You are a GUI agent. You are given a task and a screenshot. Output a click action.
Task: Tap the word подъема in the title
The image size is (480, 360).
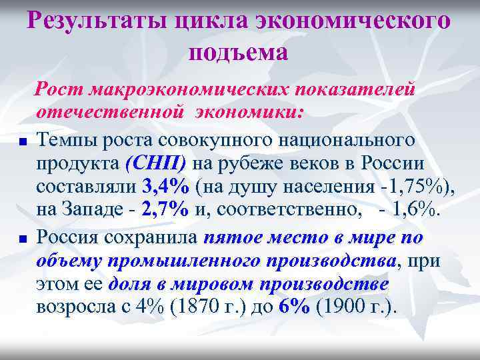(x=239, y=52)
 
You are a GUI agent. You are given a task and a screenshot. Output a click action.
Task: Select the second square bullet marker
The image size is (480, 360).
(x=22, y=238)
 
